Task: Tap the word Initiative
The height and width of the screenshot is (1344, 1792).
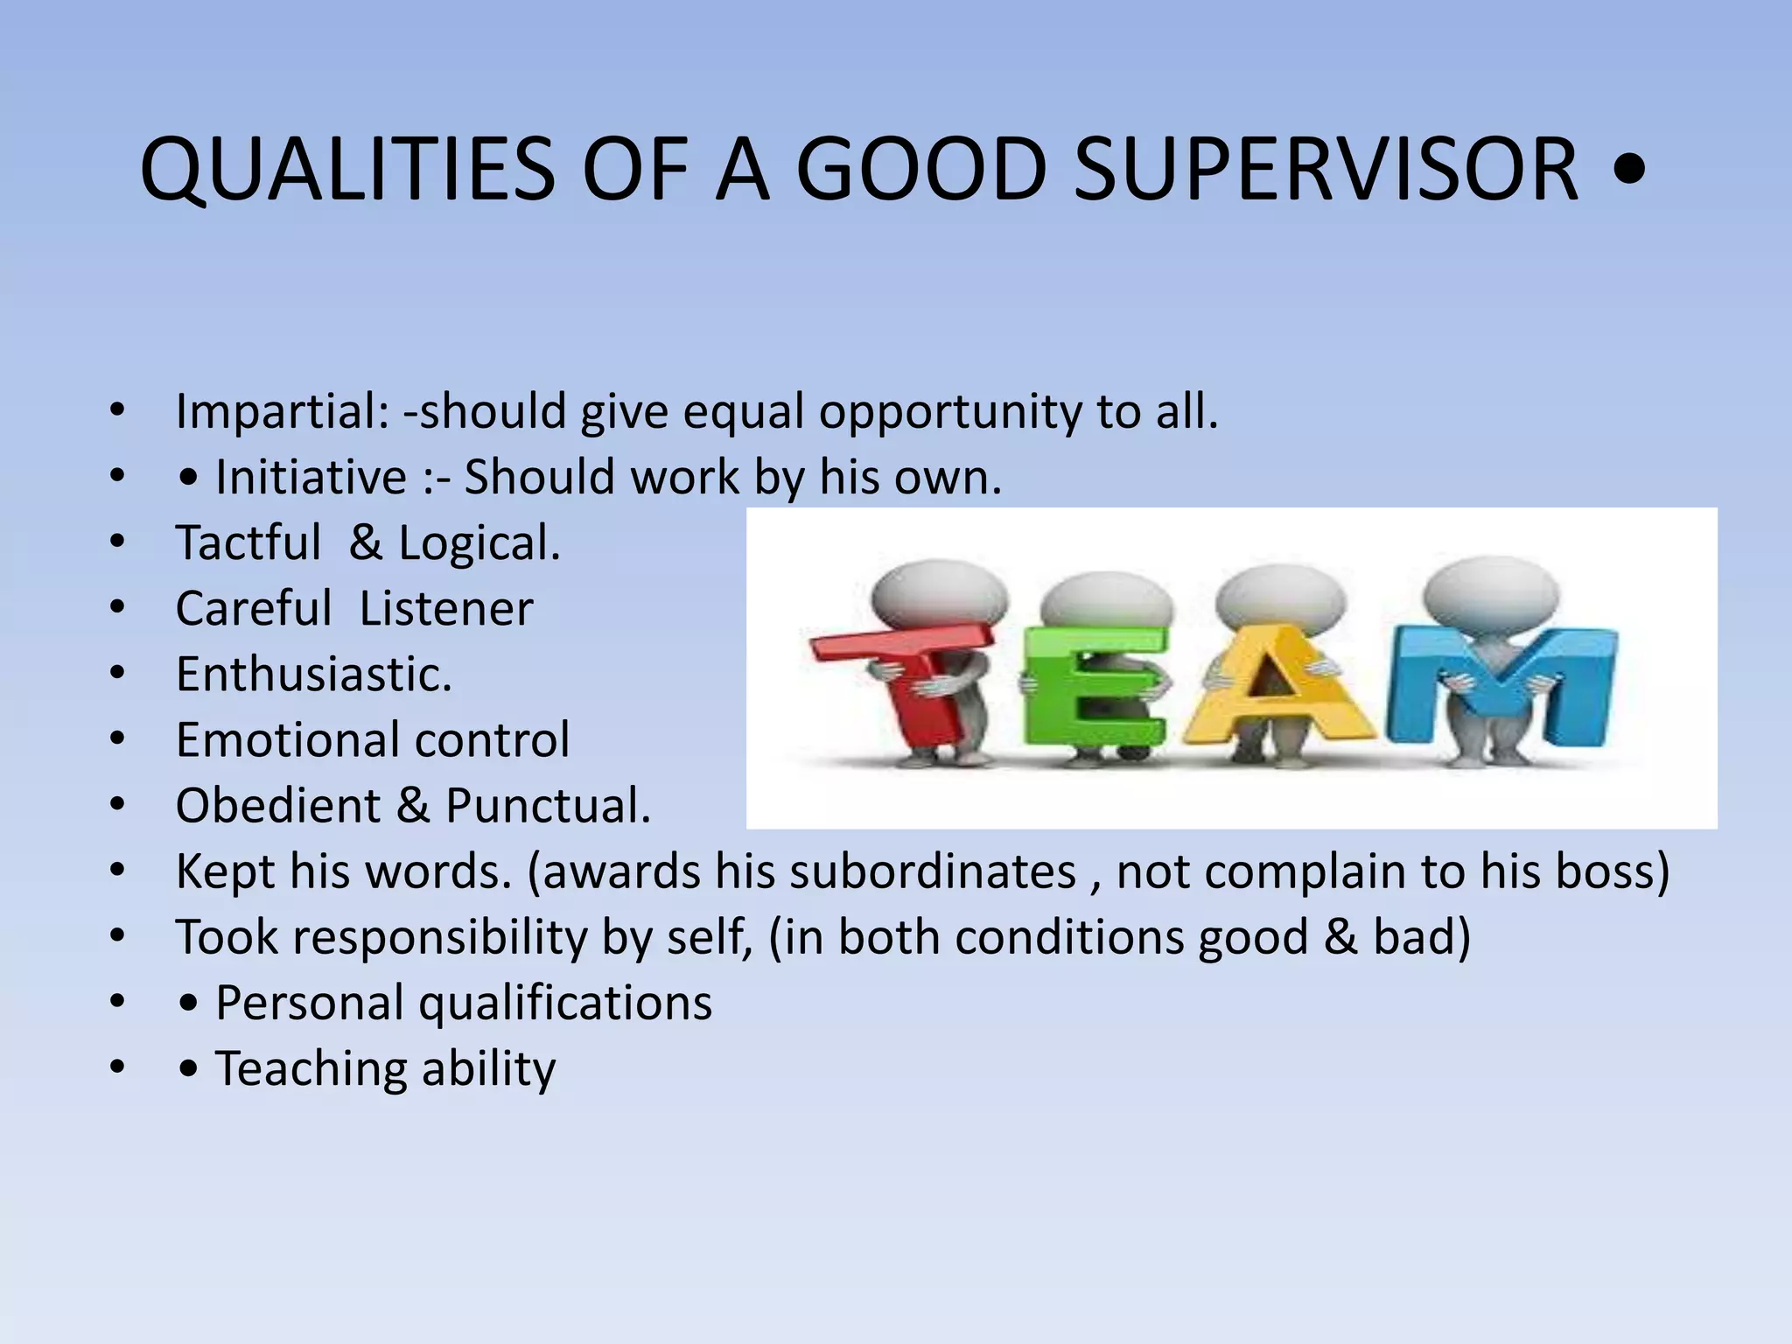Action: click(311, 478)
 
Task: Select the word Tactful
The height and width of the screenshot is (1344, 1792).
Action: click(248, 543)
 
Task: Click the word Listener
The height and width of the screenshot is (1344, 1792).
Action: click(445, 609)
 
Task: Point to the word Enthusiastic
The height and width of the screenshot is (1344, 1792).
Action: click(313, 675)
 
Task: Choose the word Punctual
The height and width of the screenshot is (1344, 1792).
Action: click(548, 806)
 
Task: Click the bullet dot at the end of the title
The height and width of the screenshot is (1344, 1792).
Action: click(1626, 171)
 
